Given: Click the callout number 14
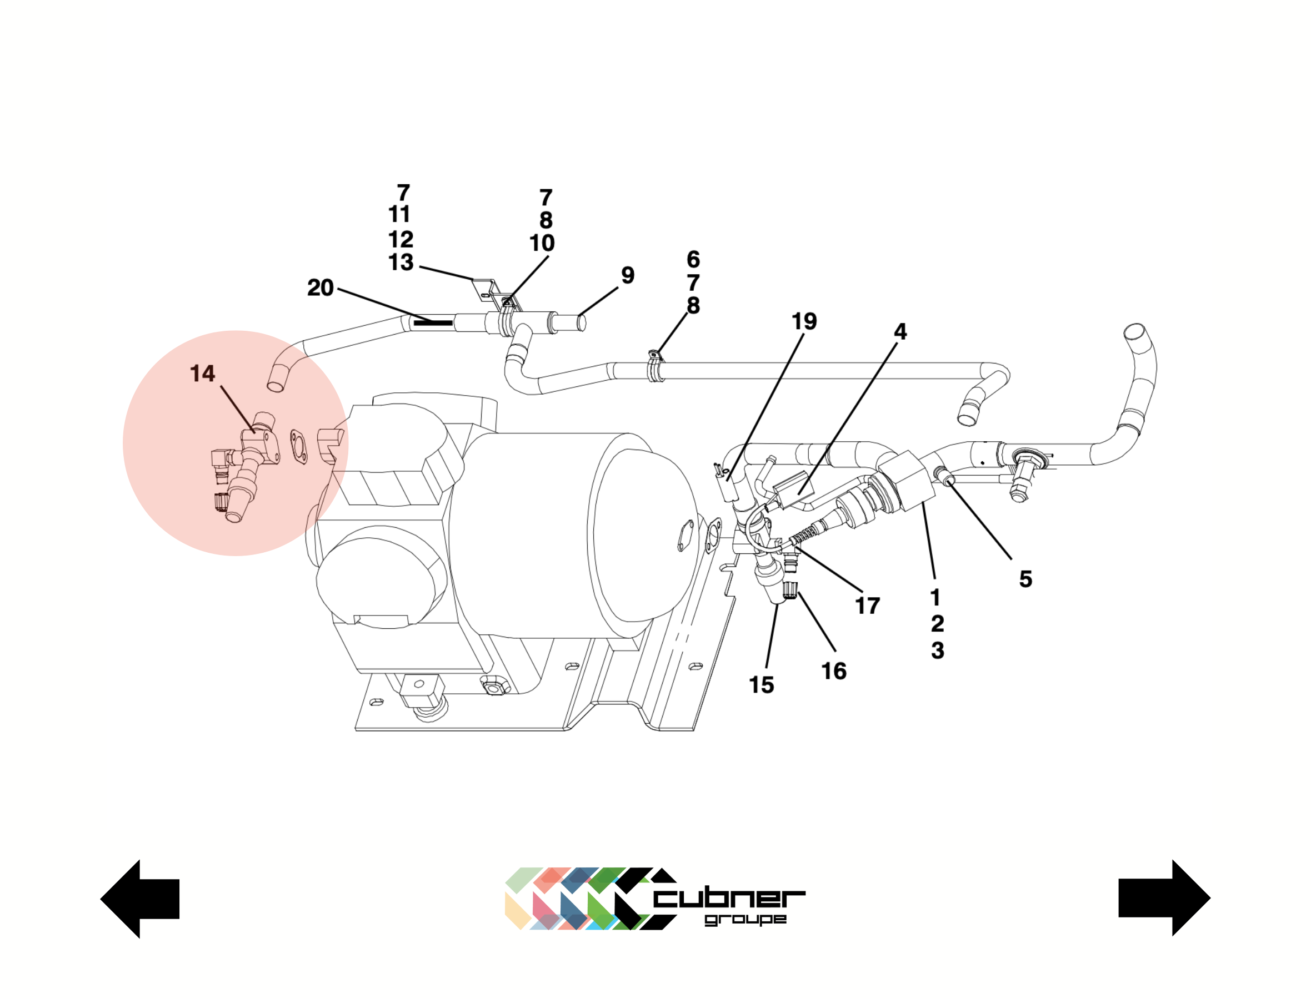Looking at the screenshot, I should [x=202, y=374].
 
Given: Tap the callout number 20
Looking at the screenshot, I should [x=320, y=288].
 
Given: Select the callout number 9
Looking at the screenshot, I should [x=628, y=275].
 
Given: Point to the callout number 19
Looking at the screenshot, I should [x=804, y=322].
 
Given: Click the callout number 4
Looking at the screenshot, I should [x=900, y=332].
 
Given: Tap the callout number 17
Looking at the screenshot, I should [x=867, y=606].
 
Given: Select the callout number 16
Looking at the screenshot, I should [x=834, y=672].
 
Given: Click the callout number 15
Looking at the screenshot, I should [x=761, y=685].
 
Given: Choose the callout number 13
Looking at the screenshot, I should [x=401, y=262].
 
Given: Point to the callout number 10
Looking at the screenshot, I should [x=542, y=243].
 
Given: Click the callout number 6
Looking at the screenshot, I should [x=693, y=259].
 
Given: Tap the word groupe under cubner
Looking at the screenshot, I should [x=745, y=919].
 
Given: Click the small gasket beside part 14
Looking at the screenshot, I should [x=299, y=447].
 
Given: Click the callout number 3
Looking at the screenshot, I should [x=937, y=650].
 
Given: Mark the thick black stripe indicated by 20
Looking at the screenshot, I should [x=433, y=323].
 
